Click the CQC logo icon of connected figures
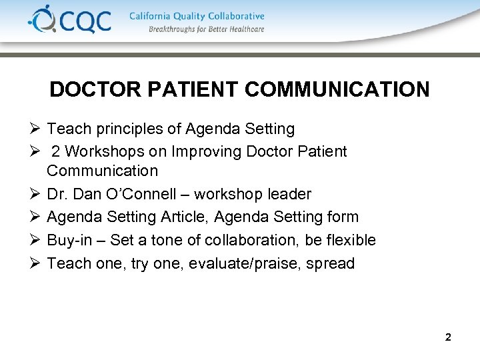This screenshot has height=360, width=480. coord(41,19)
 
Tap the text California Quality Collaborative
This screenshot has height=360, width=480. coord(197,16)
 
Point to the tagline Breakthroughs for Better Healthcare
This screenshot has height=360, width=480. coord(207,29)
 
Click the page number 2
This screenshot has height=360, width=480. coord(448,337)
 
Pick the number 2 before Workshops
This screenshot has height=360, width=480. coord(57,151)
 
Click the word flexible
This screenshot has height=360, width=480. coord(352,240)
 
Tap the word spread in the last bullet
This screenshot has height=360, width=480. coord(331,263)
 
